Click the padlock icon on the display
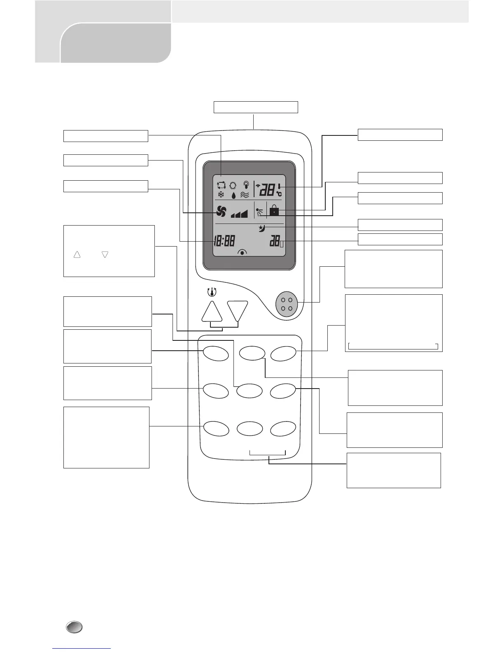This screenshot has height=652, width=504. (273, 211)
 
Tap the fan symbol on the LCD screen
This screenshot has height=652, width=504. (221, 212)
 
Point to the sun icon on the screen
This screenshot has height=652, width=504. (233, 186)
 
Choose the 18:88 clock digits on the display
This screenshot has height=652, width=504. (224, 241)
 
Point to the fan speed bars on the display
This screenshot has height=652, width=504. (239, 213)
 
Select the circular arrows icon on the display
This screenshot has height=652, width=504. (221, 186)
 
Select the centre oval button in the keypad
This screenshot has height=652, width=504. (250, 391)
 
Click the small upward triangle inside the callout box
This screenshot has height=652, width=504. (77, 255)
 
